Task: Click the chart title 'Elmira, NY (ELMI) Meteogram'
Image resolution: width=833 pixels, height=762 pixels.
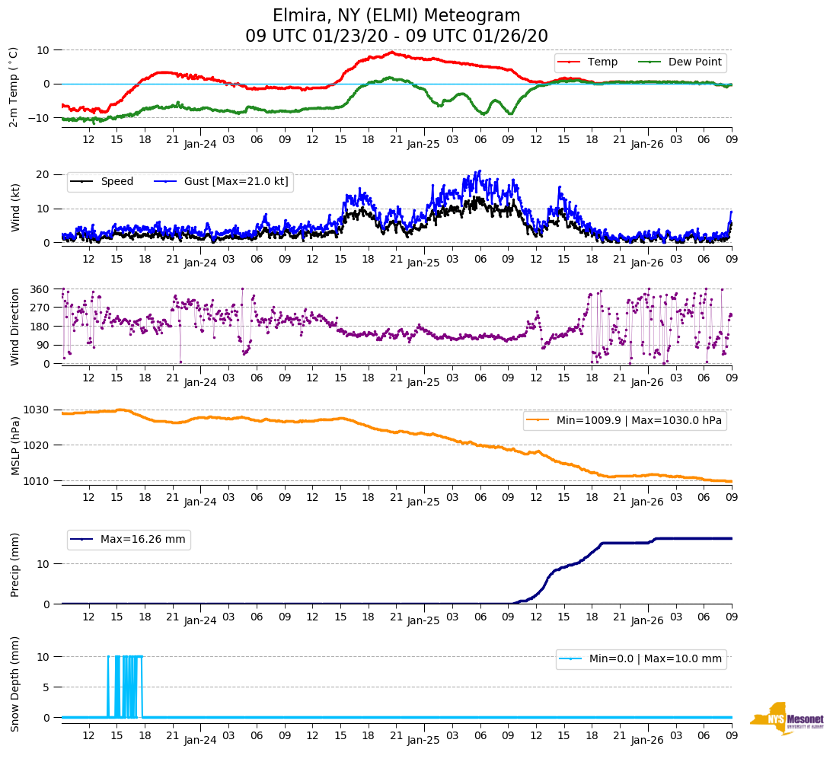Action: [397, 16]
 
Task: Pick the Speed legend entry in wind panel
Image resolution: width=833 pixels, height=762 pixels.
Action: [116, 181]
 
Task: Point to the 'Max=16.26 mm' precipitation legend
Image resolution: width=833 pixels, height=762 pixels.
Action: [142, 539]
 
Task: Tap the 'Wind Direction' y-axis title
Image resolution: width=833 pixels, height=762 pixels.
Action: [15, 326]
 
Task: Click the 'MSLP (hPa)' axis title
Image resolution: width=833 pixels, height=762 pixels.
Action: [15, 445]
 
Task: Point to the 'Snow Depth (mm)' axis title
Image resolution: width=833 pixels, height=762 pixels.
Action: [15, 684]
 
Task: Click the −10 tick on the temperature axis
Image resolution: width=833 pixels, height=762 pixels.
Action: [38, 118]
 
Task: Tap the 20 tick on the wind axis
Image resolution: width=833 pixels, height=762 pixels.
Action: [43, 174]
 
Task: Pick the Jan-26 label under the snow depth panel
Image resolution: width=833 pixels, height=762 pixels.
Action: [647, 740]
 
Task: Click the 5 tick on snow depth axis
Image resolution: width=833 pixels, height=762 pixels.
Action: [47, 687]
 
